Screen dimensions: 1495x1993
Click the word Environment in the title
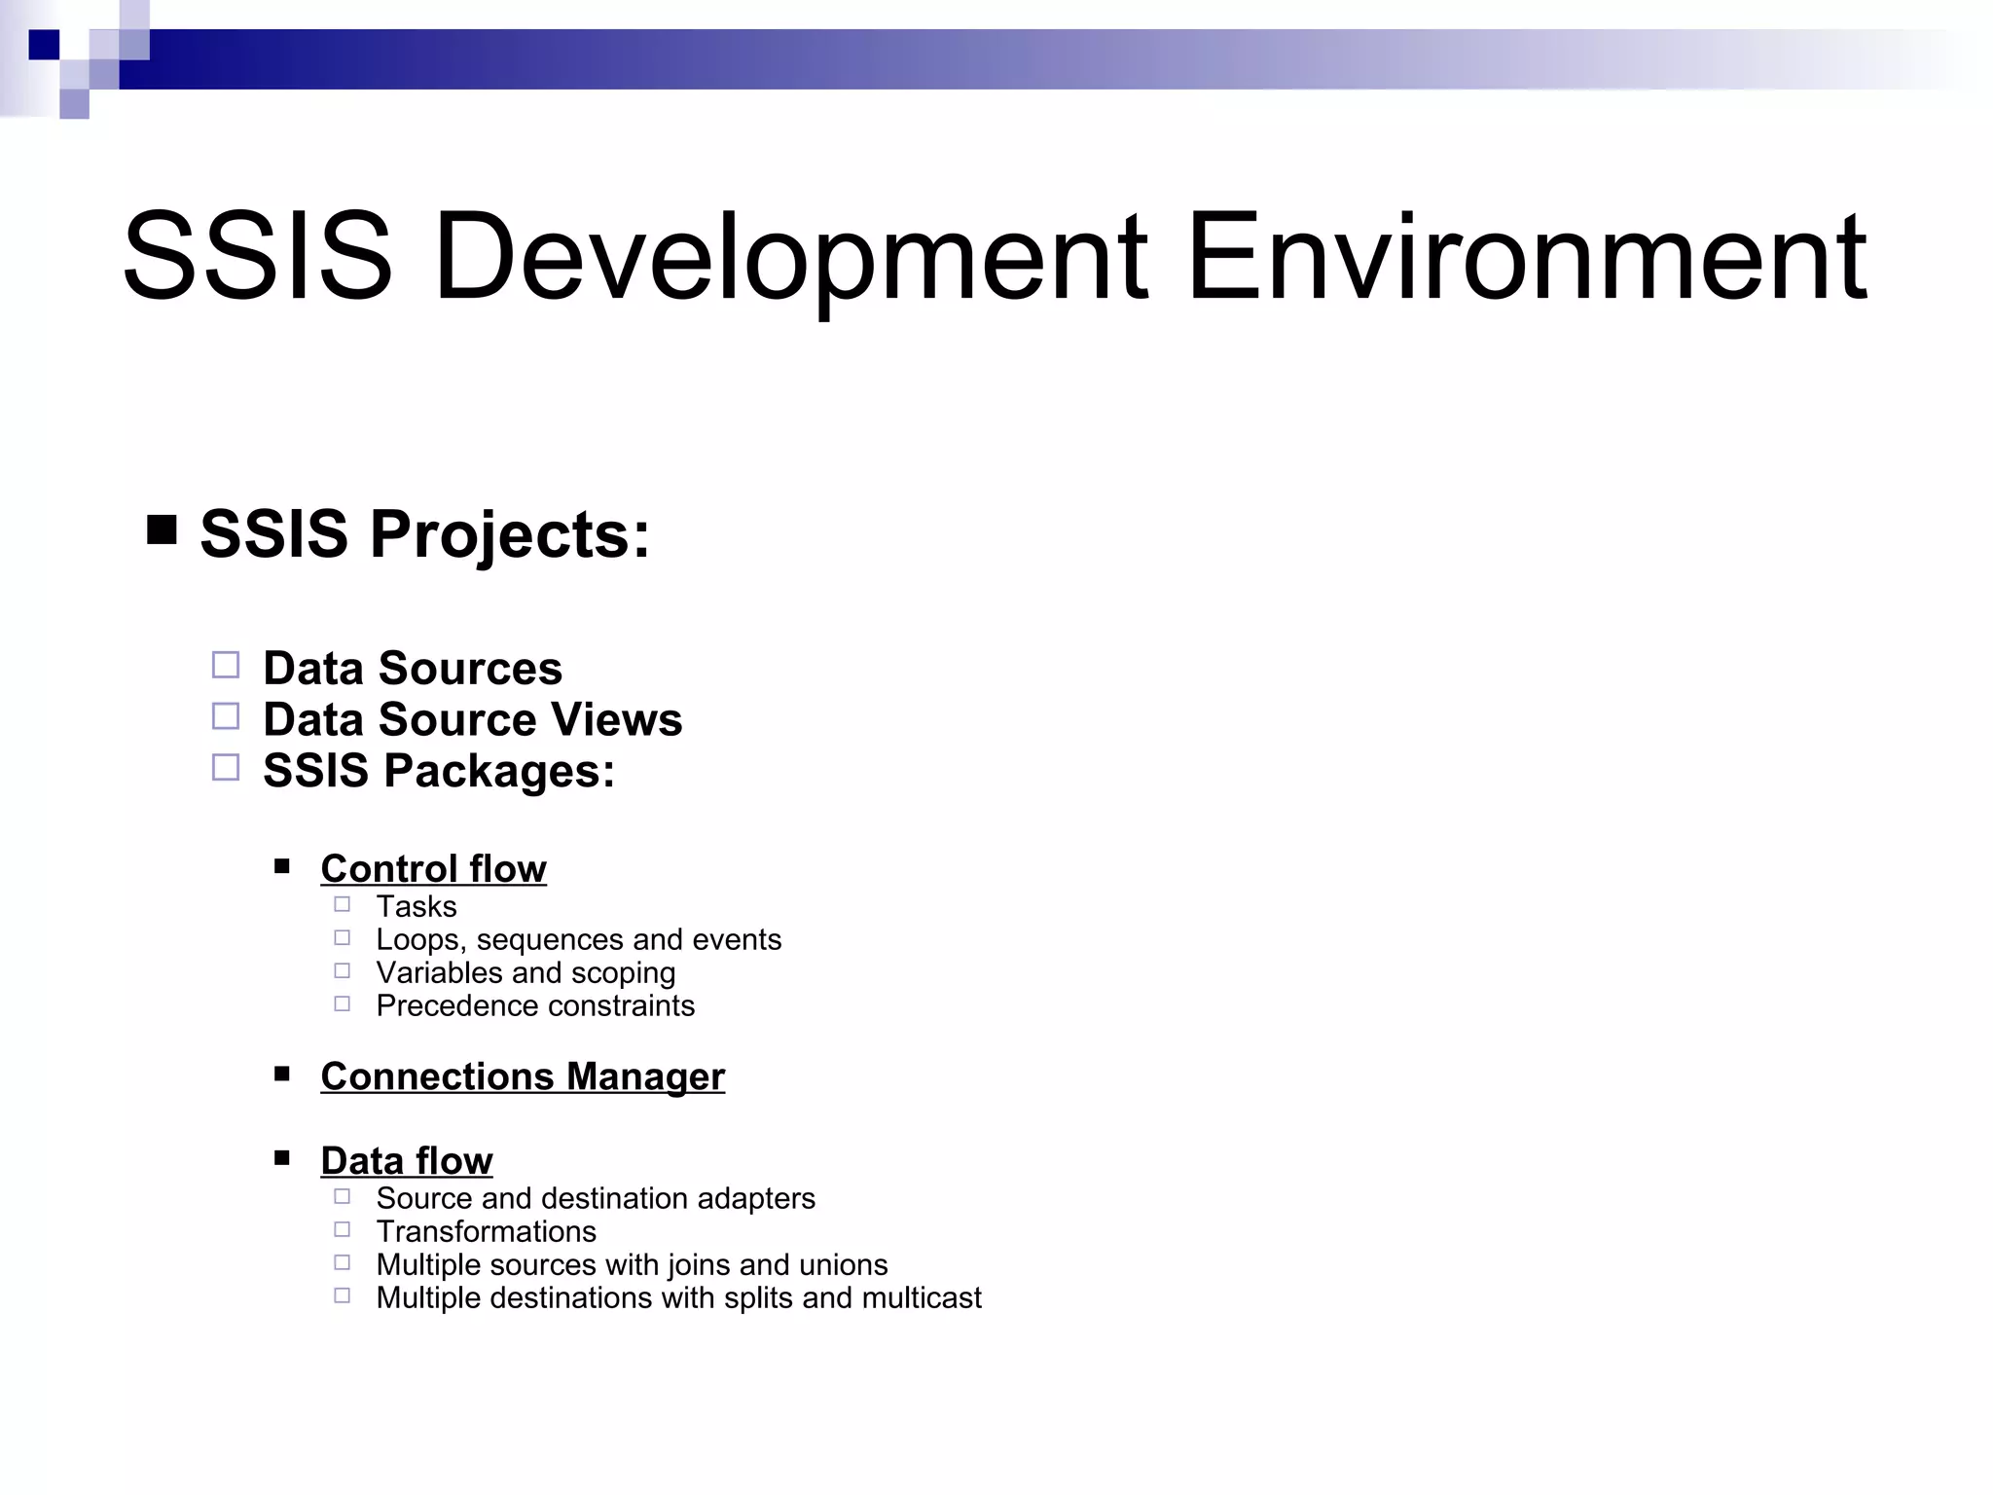(1526, 259)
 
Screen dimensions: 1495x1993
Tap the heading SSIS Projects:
(424, 534)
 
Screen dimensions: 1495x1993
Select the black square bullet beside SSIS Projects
(162, 530)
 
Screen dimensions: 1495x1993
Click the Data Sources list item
(413, 669)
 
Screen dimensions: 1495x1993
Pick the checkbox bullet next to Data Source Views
(226, 717)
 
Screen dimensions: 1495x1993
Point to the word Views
(627, 720)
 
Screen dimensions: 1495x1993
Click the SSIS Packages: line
(439, 771)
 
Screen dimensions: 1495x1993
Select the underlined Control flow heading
(433, 868)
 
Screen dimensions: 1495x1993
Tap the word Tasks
(417, 906)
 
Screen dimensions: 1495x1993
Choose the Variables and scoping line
(525, 972)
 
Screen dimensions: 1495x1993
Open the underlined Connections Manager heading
(523, 1076)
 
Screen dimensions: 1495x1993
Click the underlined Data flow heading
(407, 1161)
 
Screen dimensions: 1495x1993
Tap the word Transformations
(486, 1231)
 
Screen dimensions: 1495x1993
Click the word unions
(843, 1264)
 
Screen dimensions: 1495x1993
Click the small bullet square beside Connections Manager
(282, 1074)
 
